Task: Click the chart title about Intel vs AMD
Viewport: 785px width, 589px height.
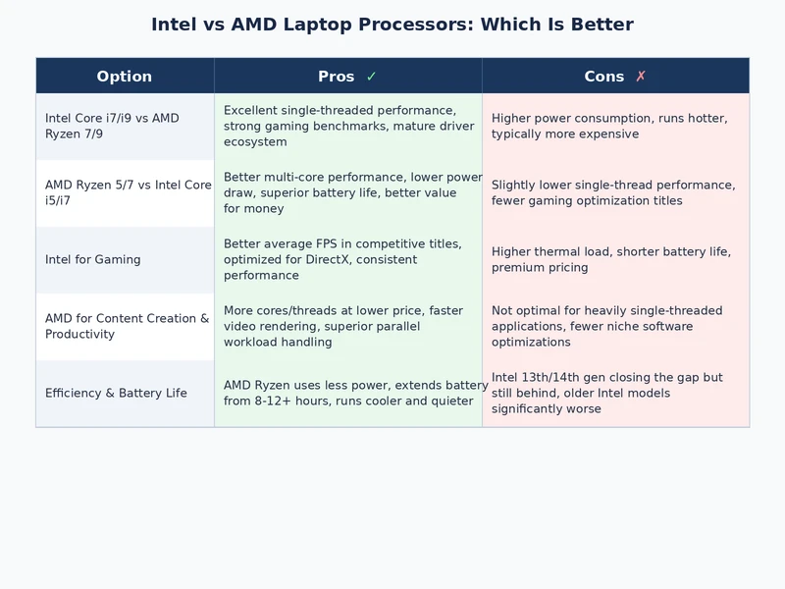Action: [392, 25]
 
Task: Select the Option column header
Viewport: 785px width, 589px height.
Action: [125, 77]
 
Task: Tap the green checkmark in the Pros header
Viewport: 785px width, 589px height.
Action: [371, 77]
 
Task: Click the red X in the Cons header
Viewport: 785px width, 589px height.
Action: [640, 77]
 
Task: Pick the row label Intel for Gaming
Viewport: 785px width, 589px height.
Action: [92, 260]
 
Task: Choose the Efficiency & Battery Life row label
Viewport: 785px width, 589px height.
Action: [116, 394]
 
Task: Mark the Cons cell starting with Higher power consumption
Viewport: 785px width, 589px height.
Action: [608, 127]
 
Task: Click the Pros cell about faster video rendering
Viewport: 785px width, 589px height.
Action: [342, 326]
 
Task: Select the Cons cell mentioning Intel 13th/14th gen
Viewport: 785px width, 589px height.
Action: [608, 393]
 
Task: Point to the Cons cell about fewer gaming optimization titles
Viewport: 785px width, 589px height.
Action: [612, 192]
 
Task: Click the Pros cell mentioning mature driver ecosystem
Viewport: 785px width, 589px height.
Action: [347, 127]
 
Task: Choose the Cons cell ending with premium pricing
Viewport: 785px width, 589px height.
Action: [610, 259]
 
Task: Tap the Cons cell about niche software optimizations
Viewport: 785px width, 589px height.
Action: [606, 326]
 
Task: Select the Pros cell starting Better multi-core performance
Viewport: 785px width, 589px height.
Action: [352, 192]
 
